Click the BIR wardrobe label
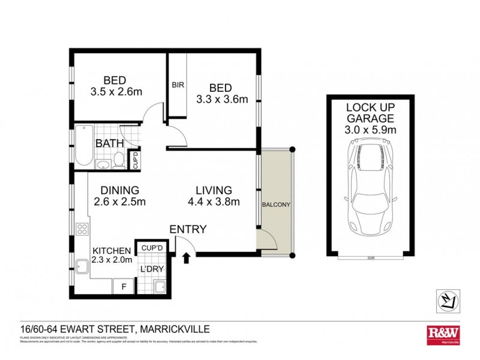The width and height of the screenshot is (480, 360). [x=178, y=85]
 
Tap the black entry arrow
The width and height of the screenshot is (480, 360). [x=185, y=257]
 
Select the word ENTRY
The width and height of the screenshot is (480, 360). [x=188, y=229]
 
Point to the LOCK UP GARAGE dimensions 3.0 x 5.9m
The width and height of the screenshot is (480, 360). [x=370, y=129]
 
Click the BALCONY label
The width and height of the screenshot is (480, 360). [x=276, y=205]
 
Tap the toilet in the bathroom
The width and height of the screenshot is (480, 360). [x=119, y=160]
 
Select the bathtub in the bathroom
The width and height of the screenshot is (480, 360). [x=82, y=146]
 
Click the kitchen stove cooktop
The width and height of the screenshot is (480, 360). [x=82, y=229]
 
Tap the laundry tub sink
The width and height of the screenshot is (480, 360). [x=159, y=287]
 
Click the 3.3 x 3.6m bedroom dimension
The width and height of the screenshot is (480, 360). [x=221, y=100]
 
